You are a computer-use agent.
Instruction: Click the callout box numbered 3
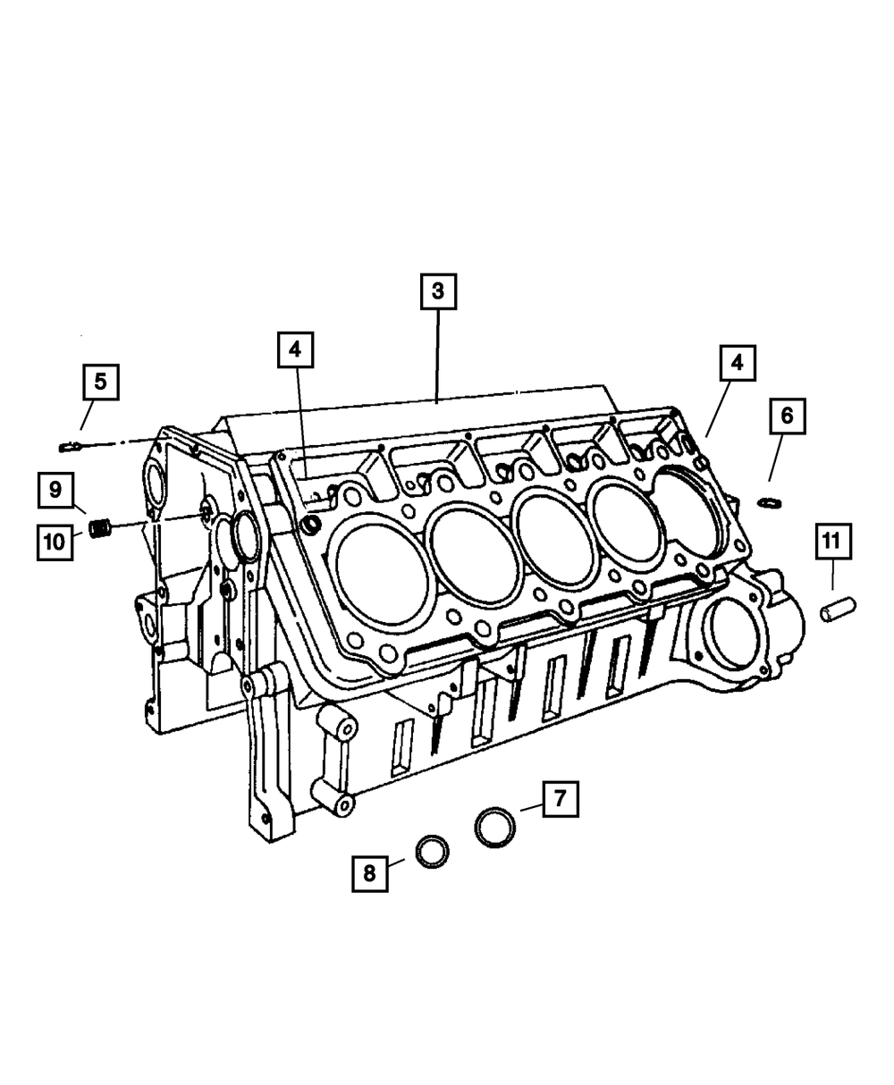[x=438, y=291]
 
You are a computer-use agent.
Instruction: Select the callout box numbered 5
[x=101, y=382]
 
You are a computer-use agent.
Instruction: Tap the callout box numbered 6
[x=788, y=416]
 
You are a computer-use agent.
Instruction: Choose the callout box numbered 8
[x=369, y=874]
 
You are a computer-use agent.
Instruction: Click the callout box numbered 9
[x=55, y=490]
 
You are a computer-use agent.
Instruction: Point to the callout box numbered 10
[x=55, y=542]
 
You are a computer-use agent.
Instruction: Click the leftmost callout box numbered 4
[x=295, y=349]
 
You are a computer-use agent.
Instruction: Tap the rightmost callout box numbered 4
[x=738, y=363]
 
